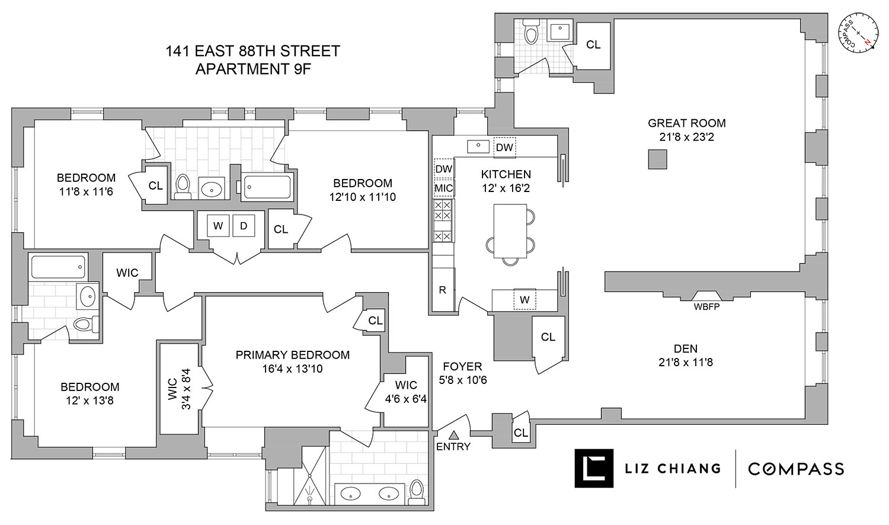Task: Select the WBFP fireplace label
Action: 706,307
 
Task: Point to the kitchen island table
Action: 510,231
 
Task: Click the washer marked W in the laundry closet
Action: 218,225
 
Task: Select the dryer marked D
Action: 244,225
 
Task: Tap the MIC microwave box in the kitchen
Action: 443,188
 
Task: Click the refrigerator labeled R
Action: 442,290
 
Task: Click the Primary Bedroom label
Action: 292,355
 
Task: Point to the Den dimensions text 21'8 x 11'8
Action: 685,361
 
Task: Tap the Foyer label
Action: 462,367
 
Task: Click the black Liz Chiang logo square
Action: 594,469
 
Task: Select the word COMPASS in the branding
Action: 795,469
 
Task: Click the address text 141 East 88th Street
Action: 253,52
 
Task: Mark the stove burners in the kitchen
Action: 443,220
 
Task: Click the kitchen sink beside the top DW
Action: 478,145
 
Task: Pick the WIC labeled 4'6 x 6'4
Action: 407,392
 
